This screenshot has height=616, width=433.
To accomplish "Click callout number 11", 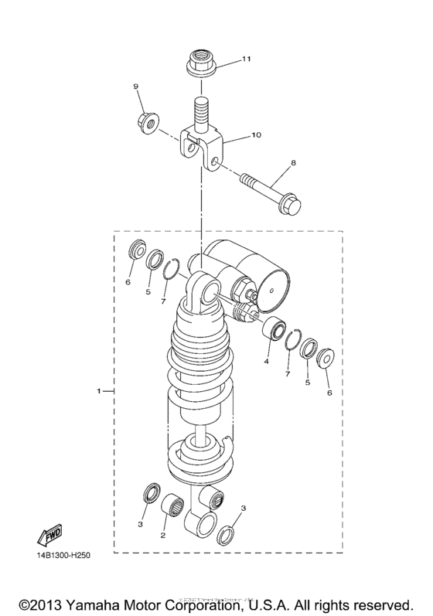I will coord(225,59).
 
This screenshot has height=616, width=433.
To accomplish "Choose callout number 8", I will coord(294,163).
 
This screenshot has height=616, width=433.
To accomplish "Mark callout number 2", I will coord(163,535).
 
